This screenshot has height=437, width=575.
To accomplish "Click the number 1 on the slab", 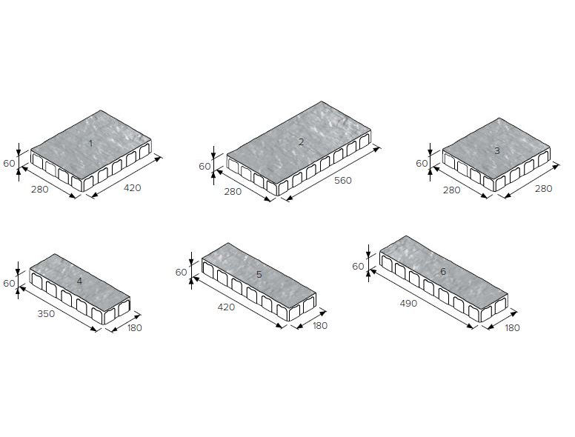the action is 91,144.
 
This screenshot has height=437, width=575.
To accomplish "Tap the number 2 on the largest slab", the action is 301,142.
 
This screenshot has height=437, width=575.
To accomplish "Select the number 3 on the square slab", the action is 497,150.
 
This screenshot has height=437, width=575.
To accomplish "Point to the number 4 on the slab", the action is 79,281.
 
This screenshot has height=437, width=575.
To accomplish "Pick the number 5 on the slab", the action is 259,275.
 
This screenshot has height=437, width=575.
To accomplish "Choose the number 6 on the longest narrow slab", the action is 443,272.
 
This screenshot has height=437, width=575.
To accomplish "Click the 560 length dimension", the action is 343,181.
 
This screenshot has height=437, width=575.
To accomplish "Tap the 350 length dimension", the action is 46,314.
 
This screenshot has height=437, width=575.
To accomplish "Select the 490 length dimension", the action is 408,304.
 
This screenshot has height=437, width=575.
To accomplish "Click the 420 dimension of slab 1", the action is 133,188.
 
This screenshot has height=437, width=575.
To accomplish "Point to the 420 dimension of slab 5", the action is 226,307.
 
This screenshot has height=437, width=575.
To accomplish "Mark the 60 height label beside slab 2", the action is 205,167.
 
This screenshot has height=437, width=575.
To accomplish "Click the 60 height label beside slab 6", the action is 358,267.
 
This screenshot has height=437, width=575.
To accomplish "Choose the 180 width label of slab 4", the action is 135,327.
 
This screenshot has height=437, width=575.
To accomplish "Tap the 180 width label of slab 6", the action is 512,327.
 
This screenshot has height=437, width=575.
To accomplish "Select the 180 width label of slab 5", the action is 320,326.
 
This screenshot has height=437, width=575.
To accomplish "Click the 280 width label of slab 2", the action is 233,192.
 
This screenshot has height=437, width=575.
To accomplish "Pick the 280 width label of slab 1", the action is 39,190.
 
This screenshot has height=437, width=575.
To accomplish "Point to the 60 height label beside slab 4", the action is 9,284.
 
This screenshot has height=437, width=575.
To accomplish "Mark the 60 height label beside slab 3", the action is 422,164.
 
